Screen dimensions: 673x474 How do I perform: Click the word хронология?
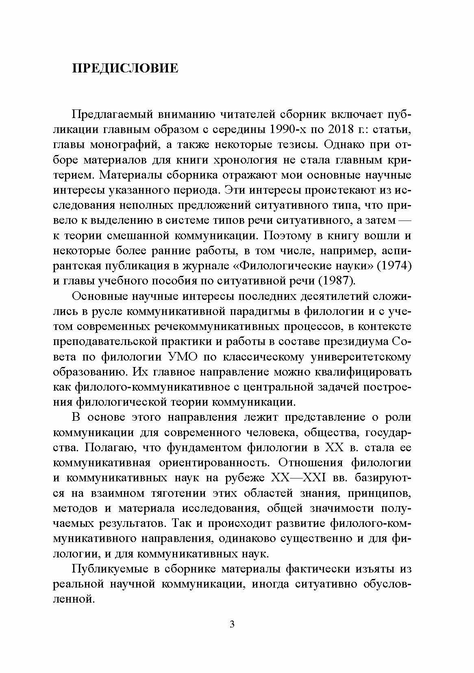(242, 160)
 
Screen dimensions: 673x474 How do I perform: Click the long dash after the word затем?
(403, 221)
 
